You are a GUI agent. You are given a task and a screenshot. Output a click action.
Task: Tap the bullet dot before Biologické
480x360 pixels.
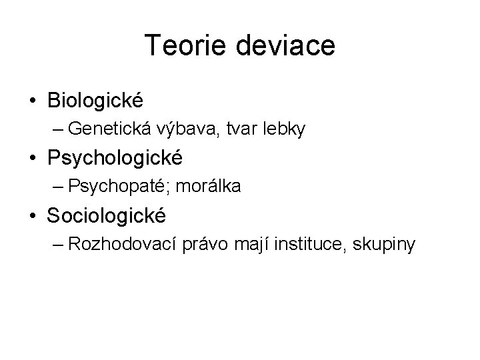33,101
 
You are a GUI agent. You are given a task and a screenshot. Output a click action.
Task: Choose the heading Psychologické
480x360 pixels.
115,159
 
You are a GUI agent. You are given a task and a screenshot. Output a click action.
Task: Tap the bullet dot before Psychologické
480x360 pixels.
33,159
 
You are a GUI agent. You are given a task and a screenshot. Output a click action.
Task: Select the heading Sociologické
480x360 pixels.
107,215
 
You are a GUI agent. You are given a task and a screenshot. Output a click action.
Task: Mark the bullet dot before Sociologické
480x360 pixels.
33,216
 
